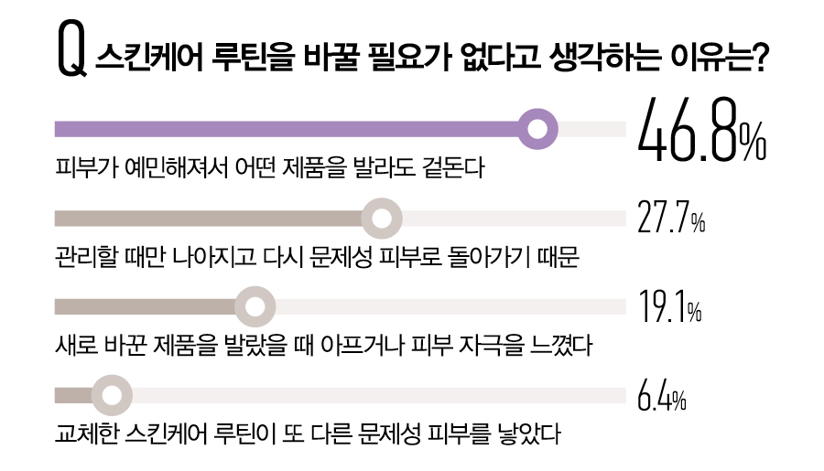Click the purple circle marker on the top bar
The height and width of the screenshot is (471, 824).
538,128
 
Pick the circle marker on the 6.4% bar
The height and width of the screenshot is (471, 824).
110,395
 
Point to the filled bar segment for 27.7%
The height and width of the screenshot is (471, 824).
211,219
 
